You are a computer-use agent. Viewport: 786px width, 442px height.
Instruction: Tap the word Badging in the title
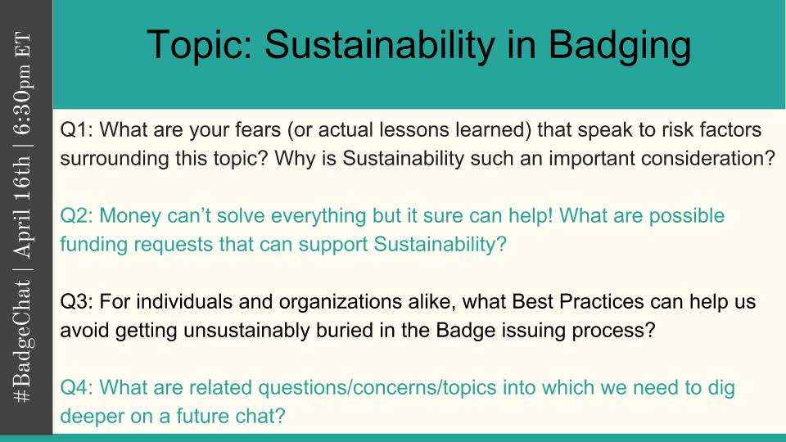(x=620, y=47)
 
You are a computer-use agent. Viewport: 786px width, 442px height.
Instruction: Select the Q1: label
(x=77, y=130)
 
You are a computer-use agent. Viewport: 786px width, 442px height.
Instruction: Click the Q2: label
(x=77, y=216)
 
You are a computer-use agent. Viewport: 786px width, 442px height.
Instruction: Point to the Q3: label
(x=77, y=302)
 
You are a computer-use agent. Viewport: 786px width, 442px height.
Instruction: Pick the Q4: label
(x=77, y=388)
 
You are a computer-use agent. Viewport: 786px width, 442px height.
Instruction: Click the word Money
(x=130, y=216)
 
